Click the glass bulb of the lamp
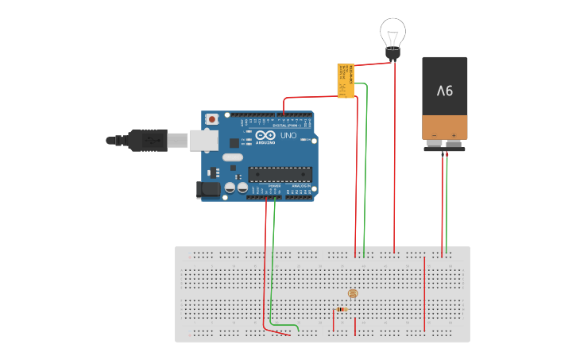[x=392, y=33]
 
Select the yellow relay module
[x=346, y=80]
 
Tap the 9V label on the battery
[x=445, y=90]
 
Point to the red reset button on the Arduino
[x=212, y=119]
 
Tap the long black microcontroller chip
[x=279, y=174]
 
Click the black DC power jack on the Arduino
[x=208, y=190]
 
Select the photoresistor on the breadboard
[x=354, y=294]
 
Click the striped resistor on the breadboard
[x=342, y=309]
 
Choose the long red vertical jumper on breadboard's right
[x=425, y=294]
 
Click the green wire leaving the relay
[x=365, y=159]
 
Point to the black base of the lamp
[x=392, y=53]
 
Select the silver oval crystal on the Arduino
[x=232, y=157]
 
